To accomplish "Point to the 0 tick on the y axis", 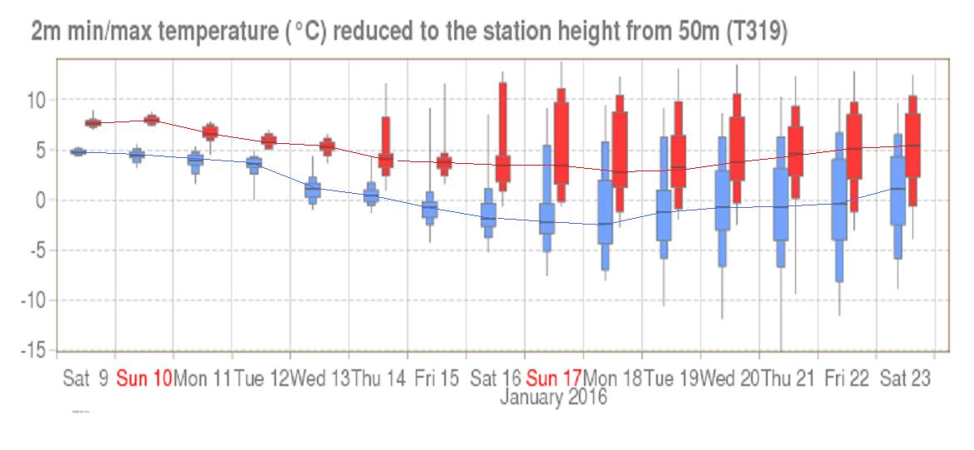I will coord(41,200).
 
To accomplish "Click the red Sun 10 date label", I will coord(144,378).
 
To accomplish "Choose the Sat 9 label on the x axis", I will coord(86,378).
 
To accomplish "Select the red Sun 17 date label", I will coord(554,378).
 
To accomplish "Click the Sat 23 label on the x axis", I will coord(905,378).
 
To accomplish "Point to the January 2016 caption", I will coord(553,398).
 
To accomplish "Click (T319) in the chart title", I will coord(755,33).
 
